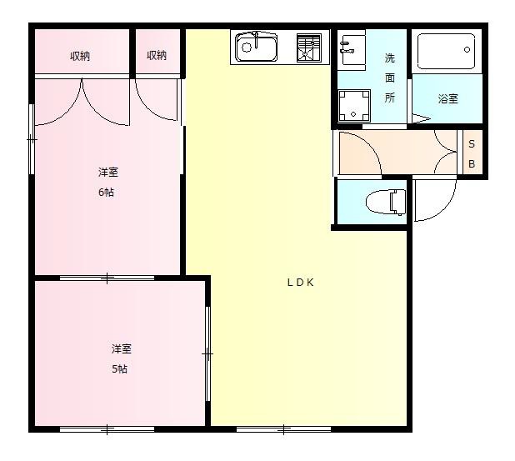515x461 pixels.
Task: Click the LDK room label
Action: point(300,283)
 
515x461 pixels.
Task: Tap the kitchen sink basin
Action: point(255,47)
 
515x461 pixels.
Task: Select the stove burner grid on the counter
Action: point(308,47)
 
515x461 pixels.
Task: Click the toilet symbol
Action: point(387,201)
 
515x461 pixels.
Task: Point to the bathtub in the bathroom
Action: point(445,52)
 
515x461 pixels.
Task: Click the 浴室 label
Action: point(447,98)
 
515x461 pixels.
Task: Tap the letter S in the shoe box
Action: point(471,145)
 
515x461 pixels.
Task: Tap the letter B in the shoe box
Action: point(471,164)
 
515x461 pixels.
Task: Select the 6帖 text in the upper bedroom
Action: point(107,191)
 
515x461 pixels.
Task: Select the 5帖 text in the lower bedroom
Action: point(121,369)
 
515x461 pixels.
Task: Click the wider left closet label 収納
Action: point(80,56)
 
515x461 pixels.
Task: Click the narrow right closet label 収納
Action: point(157,56)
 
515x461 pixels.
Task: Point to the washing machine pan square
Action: point(352,106)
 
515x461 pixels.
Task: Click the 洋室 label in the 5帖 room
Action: point(121,348)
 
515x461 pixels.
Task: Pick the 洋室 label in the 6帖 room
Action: point(107,173)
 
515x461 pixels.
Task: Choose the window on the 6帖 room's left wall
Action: point(32,138)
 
